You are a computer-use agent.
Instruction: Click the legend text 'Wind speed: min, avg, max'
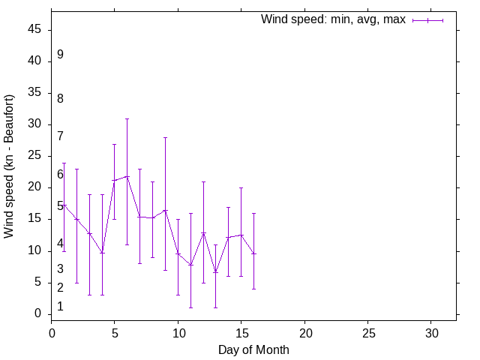coord(332,19)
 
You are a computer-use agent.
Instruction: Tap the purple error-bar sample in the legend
coord(427,20)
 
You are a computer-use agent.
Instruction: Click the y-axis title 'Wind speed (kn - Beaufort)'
coord(10,166)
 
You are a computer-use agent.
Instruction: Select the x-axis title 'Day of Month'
coord(253,349)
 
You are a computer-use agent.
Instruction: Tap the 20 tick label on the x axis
coord(304,331)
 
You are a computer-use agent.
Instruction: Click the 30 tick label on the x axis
coord(431,331)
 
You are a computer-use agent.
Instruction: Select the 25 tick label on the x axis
coord(368,331)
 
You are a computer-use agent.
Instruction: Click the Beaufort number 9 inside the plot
coord(60,55)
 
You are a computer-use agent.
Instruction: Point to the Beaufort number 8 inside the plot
coord(60,98)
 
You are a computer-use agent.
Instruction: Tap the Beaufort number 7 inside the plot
coord(60,136)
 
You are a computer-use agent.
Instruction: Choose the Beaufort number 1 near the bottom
coord(60,307)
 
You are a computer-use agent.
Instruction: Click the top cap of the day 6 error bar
coord(127,118)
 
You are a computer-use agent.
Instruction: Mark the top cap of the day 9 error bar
coord(165,137)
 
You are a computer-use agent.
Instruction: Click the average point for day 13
coord(216,272)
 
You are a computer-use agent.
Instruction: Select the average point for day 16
coord(253,253)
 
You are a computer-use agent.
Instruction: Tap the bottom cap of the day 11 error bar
coord(190,307)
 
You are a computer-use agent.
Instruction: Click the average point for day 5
coord(115,180)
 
